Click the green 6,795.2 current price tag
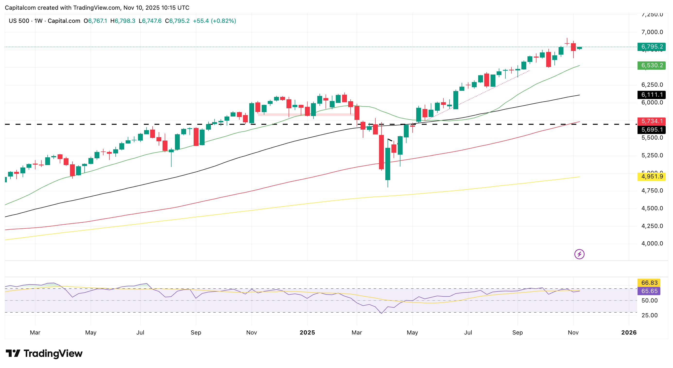point(651,47)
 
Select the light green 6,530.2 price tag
point(651,65)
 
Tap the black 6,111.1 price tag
point(651,95)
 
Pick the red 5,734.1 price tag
point(651,121)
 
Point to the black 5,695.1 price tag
point(651,130)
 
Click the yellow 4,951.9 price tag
point(651,177)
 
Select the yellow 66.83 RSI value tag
point(649,283)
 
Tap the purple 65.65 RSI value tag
point(649,291)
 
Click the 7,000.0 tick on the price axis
point(652,32)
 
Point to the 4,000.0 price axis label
point(652,243)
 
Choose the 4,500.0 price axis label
point(652,208)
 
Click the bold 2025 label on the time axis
point(307,333)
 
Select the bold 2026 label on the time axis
point(629,333)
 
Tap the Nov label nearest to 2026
point(573,333)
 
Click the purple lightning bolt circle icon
point(579,254)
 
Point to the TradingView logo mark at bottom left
point(13,353)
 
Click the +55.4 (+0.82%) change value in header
point(214,21)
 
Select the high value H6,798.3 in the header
point(123,21)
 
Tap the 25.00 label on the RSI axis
point(649,315)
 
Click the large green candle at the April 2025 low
point(388,164)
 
